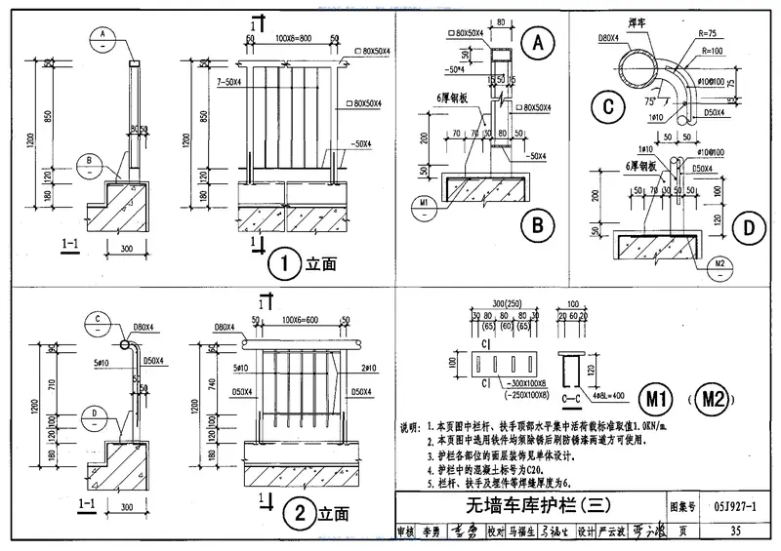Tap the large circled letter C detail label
coord(608,107)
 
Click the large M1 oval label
coord(650,397)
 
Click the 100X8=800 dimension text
coord(293,36)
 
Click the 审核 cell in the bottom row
coord(405,532)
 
